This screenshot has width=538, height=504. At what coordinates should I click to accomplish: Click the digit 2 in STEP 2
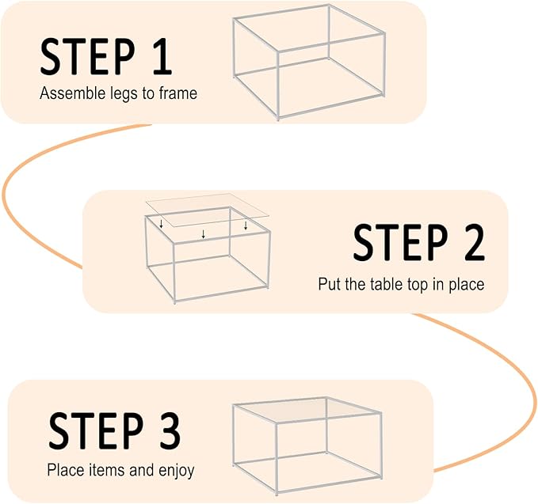pyautogui.click(x=467, y=242)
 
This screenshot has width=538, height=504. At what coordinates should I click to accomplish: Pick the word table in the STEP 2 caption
pyautogui.click(x=385, y=283)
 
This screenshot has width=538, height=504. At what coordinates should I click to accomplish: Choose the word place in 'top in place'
pyautogui.click(x=467, y=284)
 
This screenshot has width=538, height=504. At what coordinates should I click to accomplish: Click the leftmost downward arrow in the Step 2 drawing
pyautogui.click(x=162, y=225)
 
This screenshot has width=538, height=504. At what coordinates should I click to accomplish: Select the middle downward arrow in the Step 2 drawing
pyautogui.click(x=204, y=233)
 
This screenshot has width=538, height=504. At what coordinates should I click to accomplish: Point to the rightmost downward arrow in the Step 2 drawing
pyautogui.click(x=246, y=225)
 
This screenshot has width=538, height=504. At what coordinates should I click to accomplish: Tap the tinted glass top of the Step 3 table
pyautogui.click(x=305, y=411)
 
